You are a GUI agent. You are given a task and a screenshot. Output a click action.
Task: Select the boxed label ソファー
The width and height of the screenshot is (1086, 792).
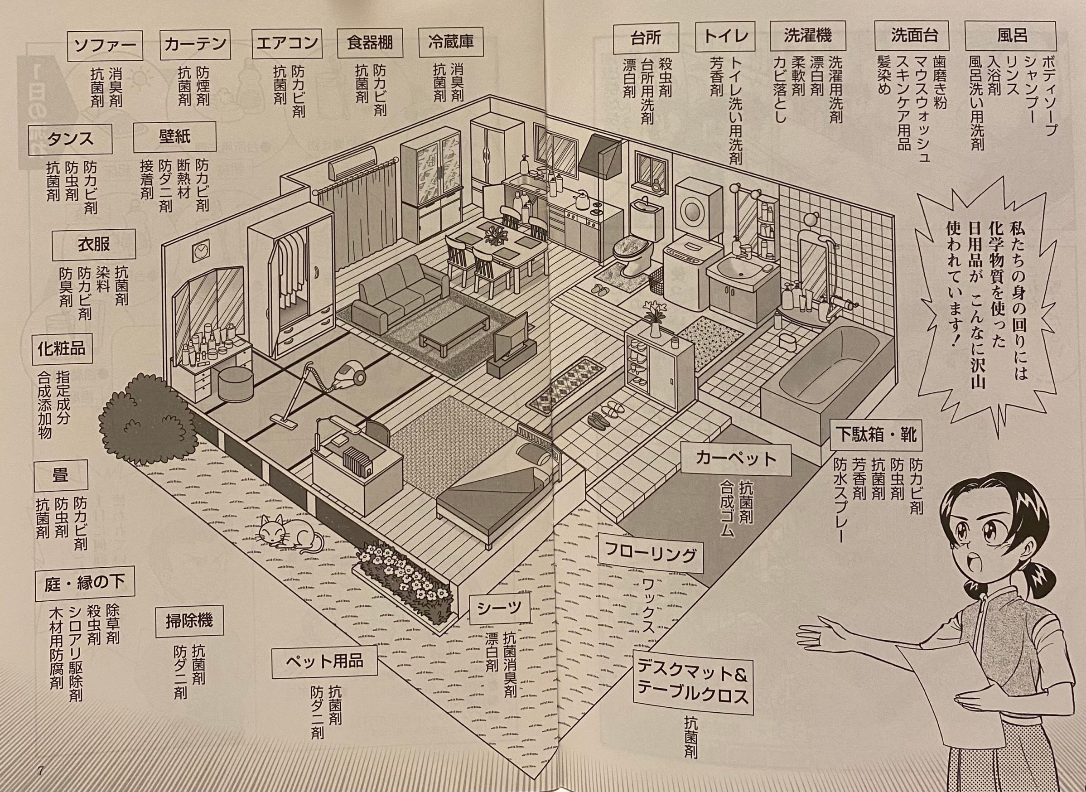(105, 45)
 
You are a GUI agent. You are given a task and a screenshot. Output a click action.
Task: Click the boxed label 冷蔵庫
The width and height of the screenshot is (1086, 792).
(450, 42)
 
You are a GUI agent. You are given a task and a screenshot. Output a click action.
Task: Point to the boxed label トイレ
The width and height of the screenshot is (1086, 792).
(726, 37)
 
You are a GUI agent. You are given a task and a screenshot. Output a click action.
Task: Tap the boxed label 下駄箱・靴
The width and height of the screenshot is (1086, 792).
(876, 435)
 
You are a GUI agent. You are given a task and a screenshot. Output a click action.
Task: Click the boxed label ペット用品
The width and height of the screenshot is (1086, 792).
(324, 662)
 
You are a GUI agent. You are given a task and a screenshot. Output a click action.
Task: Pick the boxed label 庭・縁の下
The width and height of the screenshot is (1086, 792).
(84, 584)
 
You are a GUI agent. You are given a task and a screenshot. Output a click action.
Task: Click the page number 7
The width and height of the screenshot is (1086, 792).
(40, 771)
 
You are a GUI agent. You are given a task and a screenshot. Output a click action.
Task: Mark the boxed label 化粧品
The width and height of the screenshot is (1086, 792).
(61, 349)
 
